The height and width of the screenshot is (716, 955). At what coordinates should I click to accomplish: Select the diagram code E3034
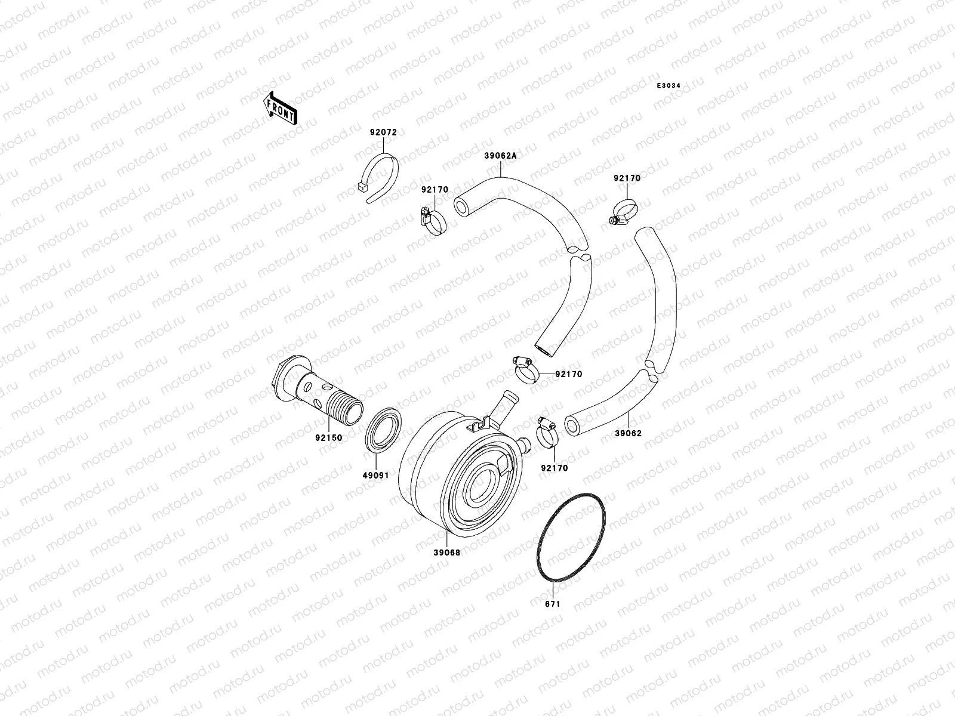[x=668, y=86]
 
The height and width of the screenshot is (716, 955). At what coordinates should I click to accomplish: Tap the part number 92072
[x=383, y=132]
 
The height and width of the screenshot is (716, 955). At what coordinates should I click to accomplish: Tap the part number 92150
[x=329, y=437]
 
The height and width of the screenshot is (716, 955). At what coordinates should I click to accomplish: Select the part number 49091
[x=376, y=476]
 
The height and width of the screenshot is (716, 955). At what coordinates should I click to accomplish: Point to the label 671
[x=553, y=604]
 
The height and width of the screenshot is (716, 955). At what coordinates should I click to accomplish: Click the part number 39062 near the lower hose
[x=629, y=433]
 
